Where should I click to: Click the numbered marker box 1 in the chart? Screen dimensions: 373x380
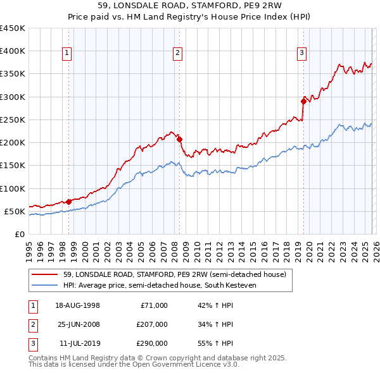66,54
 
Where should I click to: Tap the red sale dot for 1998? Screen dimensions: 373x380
69,202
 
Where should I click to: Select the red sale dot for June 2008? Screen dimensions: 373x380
179,139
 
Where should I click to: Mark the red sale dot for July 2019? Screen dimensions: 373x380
303,101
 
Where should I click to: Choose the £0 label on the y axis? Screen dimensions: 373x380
19,234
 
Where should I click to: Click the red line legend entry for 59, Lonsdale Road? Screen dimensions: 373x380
175,274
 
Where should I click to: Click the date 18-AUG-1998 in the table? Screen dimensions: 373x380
77,305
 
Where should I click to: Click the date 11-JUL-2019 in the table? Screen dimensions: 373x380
77,343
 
